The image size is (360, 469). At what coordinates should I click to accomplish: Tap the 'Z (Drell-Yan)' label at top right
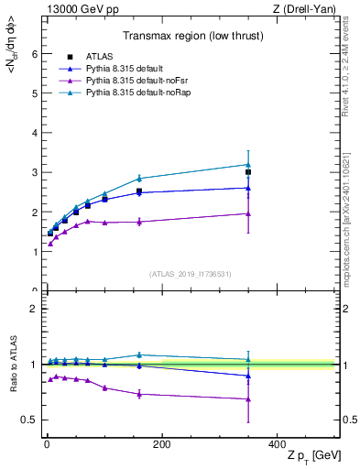[x=308, y=9]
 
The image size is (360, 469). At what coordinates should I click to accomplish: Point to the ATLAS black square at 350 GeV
[x=248, y=172]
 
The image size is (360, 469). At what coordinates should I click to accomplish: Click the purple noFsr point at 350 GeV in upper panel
[x=248, y=213]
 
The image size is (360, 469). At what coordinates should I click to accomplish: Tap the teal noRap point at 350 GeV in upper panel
[x=248, y=165]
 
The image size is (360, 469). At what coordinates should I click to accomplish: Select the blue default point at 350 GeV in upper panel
[x=248, y=188]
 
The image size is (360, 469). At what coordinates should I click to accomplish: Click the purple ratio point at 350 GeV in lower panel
[x=248, y=398]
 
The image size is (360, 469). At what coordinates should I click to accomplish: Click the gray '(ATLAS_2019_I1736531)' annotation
[x=191, y=274]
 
